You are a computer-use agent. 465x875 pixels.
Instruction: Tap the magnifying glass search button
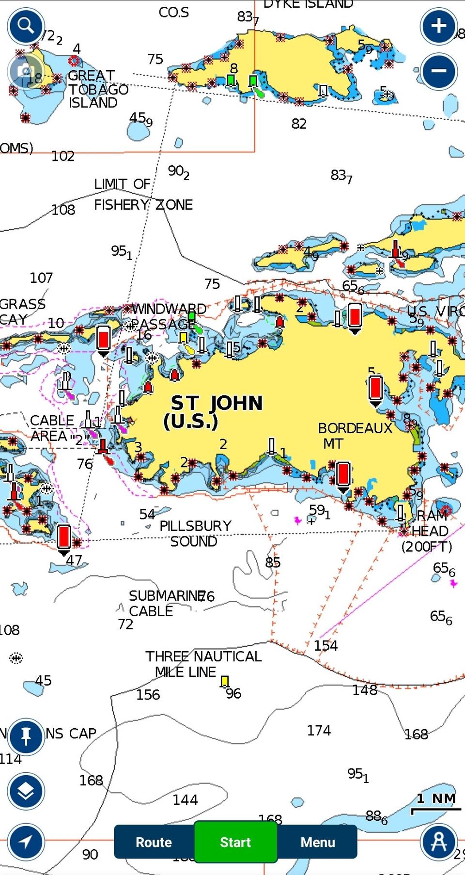tap(26, 26)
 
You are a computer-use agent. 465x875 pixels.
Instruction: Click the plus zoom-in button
tap(438, 26)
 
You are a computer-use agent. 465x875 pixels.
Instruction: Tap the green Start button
tap(235, 842)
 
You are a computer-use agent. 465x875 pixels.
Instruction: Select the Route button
tap(154, 842)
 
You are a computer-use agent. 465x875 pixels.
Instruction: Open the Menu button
tap(317, 842)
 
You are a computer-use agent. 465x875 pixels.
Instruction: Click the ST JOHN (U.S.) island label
tap(216, 412)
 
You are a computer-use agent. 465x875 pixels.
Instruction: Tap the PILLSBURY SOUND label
tap(195, 533)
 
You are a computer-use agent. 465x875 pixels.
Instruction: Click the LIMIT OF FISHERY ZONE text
tap(143, 194)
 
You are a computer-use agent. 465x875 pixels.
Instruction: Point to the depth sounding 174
tap(319, 730)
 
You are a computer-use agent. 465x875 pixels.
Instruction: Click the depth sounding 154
tap(325, 645)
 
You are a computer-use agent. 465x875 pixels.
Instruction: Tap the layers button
tap(26, 791)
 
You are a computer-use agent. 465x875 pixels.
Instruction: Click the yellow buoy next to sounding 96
tap(224, 682)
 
